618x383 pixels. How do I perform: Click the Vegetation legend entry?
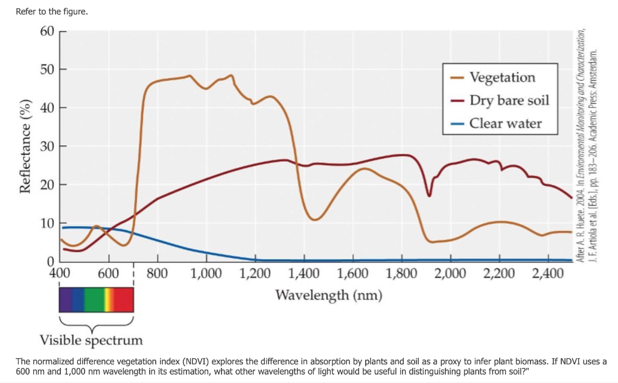[x=502, y=77]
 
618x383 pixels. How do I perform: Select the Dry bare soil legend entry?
[x=509, y=100]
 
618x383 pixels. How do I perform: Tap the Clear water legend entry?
[x=505, y=124]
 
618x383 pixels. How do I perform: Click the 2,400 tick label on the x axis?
[x=548, y=273]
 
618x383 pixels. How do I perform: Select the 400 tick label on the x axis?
[x=59, y=273]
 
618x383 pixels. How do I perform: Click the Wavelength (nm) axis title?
[x=328, y=295]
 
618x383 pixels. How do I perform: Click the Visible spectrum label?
[x=91, y=340]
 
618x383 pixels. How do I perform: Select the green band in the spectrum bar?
[x=94, y=299]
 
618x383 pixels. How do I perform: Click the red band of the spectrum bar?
[x=124, y=299]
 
